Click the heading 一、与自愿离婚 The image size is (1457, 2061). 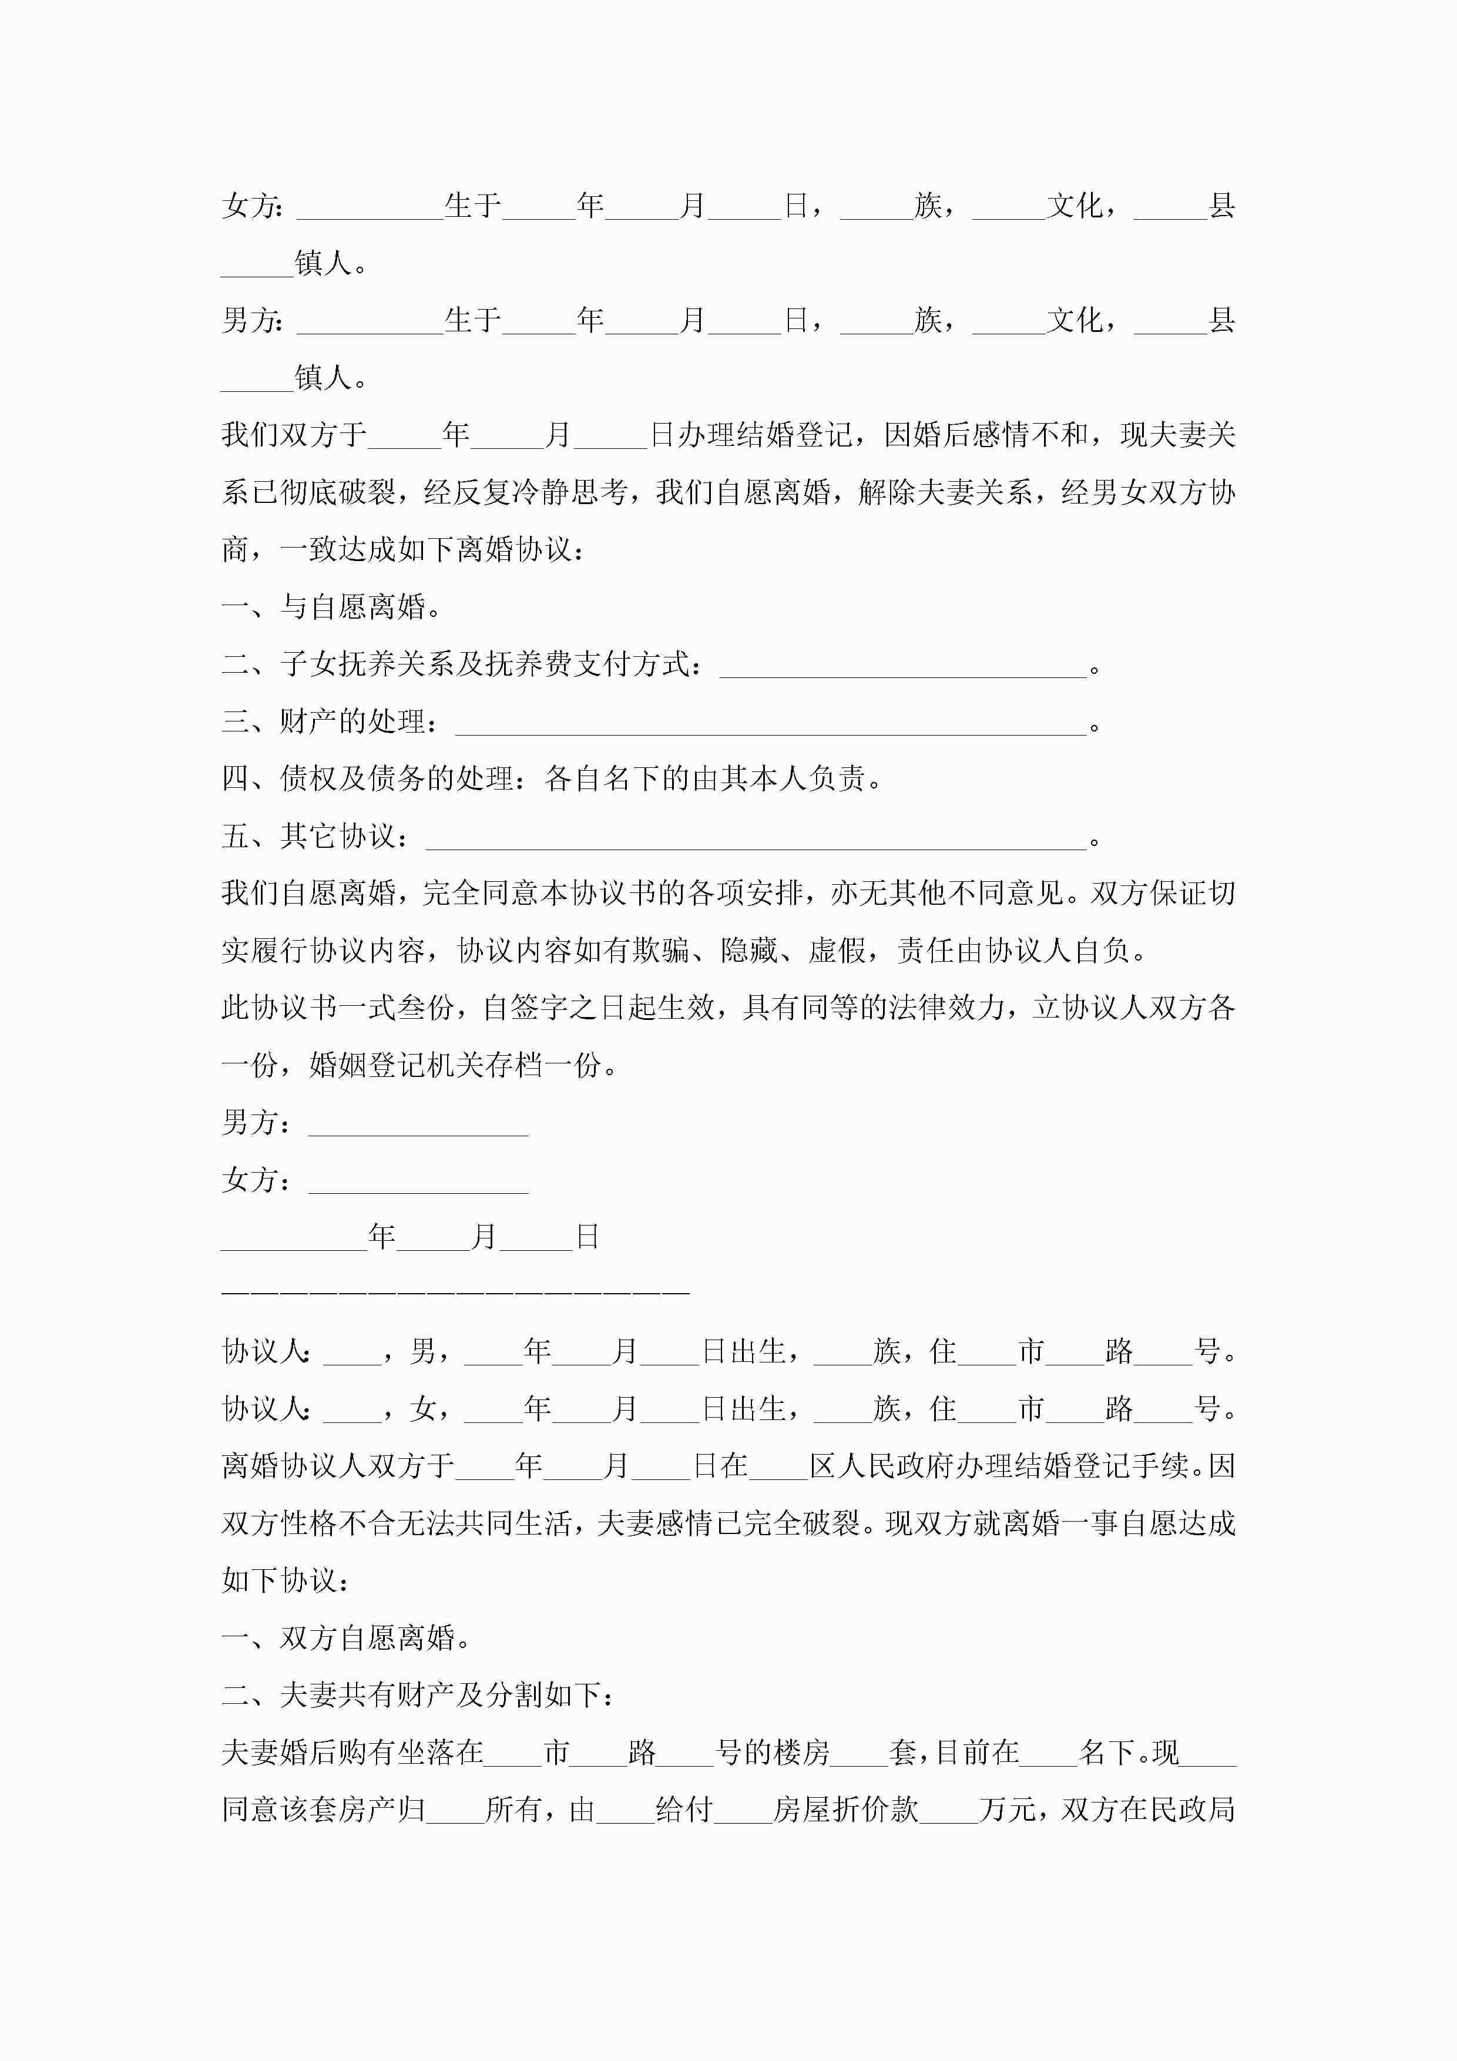pos(331,607)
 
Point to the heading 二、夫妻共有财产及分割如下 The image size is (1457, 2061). pos(418,1695)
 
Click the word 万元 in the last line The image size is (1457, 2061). pos(1007,1810)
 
